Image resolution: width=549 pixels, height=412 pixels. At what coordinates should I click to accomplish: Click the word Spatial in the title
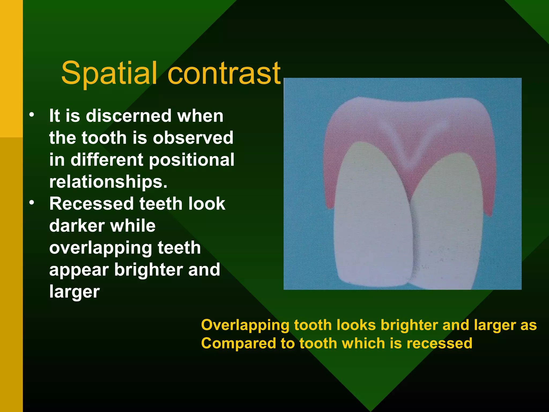109,73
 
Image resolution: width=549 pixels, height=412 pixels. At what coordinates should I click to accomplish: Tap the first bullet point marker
32,115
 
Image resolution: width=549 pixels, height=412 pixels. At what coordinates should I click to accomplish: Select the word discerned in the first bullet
128,116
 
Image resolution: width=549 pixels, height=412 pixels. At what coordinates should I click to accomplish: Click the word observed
193,138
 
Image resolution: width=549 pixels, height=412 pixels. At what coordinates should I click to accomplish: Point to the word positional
192,160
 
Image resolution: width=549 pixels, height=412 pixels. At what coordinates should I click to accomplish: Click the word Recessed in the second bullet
91,204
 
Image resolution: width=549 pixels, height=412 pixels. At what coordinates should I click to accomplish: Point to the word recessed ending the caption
439,344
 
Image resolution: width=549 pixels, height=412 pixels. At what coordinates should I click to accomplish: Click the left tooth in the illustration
373,220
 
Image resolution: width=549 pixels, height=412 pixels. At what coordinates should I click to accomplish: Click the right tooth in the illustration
448,225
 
